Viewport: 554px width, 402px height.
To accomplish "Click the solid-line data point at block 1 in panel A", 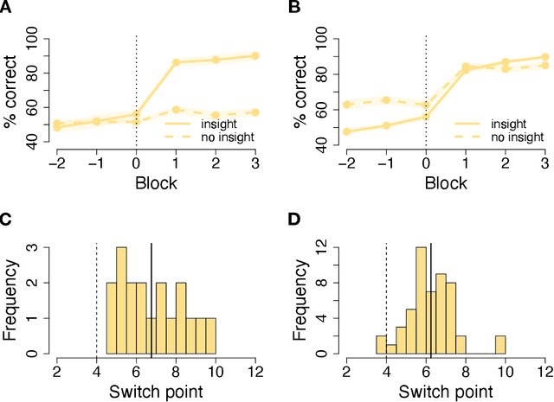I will coord(176,62).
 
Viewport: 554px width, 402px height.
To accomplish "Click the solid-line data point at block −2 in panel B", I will coord(346,131).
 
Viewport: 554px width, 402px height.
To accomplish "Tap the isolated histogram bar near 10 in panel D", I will coord(499,345).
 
